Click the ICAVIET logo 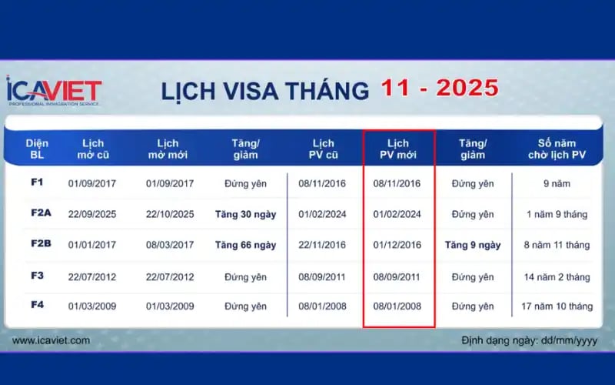pyautogui.click(x=54, y=91)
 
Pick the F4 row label pyautogui.click(x=37, y=305)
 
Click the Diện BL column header pyautogui.click(x=37, y=149)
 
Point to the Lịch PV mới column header pyautogui.click(x=397, y=149)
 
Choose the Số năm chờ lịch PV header pyautogui.click(x=557, y=149)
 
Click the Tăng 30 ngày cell pyautogui.click(x=245, y=214)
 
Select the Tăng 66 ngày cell pyautogui.click(x=245, y=245)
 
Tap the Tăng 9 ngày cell pyautogui.click(x=472, y=245)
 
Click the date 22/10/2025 pyautogui.click(x=170, y=214)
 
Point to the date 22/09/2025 pyautogui.click(x=91, y=214)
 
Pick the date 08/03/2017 pyautogui.click(x=170, y=245)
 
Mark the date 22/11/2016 pyautogui.click(x=322, y=245)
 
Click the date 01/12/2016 pyautogui.click(x=397, y=245)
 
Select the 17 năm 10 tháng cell pyautogui.click(x=557, y=306)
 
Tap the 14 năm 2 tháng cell pyautogui.click(x=557, y=276)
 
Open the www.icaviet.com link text pyautogui.click(x=51, y=340)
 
